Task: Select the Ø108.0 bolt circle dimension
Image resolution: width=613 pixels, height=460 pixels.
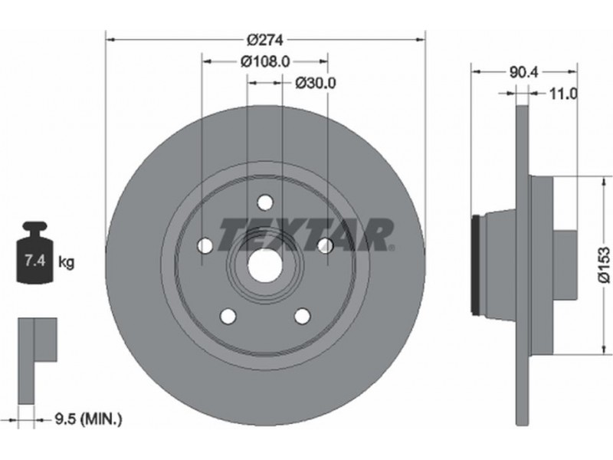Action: pos(265,61)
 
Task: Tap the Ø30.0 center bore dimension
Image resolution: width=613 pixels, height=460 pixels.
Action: pos(316,83)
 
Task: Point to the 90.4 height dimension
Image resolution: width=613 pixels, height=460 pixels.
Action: pos(524,72)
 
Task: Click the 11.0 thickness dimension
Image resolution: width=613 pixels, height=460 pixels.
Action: pos(563,94)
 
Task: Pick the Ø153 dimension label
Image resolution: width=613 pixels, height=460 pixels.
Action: pos(603,264)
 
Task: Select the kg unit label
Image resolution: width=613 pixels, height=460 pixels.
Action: pos(66,261)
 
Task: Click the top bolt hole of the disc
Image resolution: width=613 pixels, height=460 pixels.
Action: pos(264,202)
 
